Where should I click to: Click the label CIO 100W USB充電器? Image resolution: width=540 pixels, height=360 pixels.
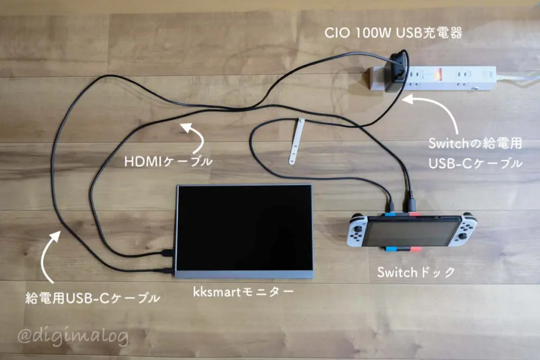(393, 33)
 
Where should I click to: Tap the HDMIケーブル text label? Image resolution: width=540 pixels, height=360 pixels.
(168, 161)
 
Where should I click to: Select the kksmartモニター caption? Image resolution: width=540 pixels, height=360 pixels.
(243, 292)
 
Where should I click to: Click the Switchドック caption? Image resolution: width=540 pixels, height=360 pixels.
(416, 272)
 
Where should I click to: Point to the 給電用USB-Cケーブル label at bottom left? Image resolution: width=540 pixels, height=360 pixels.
(93, 298)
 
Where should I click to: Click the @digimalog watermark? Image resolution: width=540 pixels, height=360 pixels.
(73, 336)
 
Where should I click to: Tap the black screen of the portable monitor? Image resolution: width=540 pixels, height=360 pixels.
(244, 228)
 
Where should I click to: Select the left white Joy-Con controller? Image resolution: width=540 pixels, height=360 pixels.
(357, 230)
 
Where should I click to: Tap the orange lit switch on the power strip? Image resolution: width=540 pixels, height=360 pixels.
(439, 74)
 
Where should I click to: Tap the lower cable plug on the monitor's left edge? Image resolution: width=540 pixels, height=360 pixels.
(169, 270)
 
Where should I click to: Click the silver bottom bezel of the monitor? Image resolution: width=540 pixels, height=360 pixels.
(244, 274)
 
